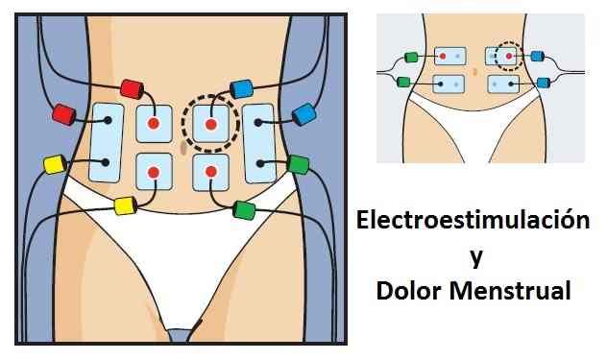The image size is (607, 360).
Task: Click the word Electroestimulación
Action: coord(472,221)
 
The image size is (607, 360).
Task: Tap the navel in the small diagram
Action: coord(475,71)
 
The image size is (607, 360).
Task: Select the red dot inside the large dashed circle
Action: coord(212,124)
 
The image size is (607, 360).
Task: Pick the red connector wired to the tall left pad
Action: coord(64,116)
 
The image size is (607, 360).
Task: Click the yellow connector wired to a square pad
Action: coord(124,204)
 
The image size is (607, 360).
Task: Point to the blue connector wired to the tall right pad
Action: coord(304,114)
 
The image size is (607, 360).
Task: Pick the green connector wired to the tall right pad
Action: coord(298,164)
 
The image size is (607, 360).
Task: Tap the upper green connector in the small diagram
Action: coord(411,58)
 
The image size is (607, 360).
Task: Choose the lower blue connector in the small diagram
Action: coord(543,83)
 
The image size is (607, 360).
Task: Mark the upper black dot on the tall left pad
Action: coord(108,120)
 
